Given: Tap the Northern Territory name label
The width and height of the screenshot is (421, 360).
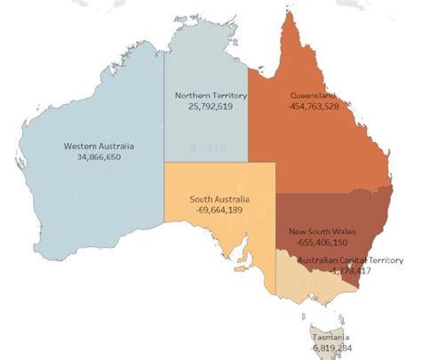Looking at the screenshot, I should pyautogui.click(x=210, y=95).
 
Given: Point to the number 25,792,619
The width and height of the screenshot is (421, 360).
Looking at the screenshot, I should pyautogui.click(x=210, y=106).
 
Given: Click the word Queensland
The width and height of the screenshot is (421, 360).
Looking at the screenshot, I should pyautogui.click(x=314, y=95).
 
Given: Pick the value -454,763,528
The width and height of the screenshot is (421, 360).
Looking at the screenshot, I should pyautogui.click(x=314, y=106).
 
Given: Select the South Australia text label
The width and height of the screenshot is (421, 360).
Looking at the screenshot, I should pyautogui.click(x=219, y=199).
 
